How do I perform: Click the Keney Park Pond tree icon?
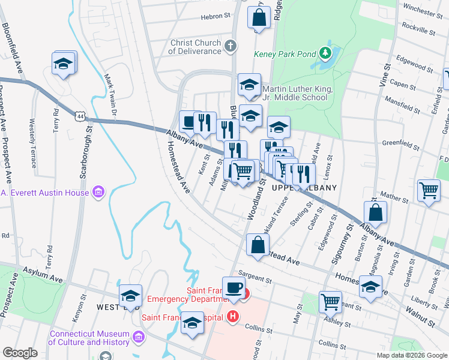click(325, 53)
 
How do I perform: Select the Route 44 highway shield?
click(80, 115)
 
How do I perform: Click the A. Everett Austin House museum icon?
click(98, 193)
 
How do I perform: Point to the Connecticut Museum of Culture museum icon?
click(139, 338)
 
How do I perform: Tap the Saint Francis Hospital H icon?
click(234, 316)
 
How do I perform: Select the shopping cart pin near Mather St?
click(429, 191)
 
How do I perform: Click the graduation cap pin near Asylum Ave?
click(130, 295)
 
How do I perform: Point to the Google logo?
click(20, 353)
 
